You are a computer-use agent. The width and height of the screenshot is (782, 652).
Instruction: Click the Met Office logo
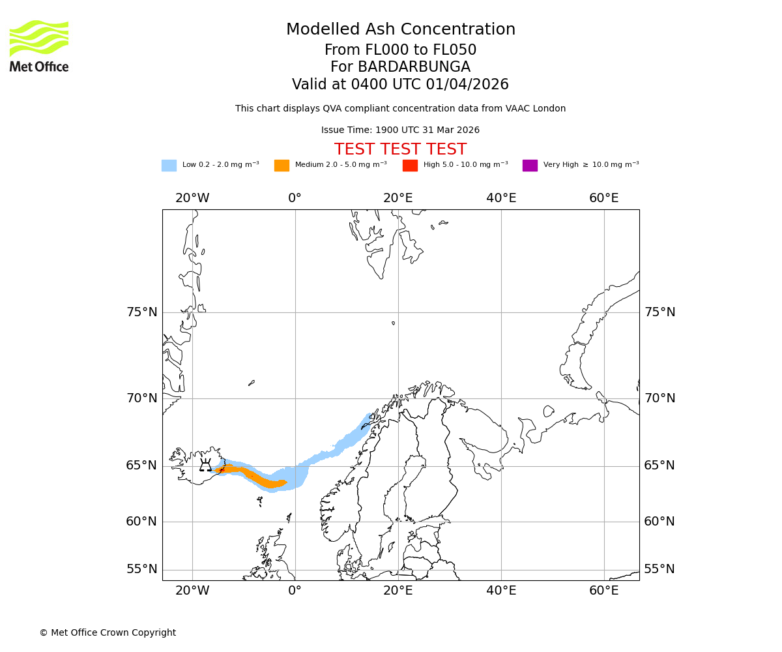click(x=39, y=46)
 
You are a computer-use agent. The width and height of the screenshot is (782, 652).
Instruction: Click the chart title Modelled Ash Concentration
click(x=400, y=29)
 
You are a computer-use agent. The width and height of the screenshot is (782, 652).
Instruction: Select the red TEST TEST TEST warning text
click(x=400, y=149)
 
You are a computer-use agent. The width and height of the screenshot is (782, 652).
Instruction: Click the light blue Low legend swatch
click(x=169, y=166)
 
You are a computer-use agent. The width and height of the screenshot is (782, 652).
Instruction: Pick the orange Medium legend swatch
click(x=282, y=166)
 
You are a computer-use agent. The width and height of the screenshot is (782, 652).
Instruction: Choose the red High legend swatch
click(x=410, y=166)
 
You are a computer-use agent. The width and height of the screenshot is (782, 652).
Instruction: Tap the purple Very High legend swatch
click(x=530, y=166)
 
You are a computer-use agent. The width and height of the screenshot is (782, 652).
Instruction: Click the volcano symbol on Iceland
click(x=205, y=466)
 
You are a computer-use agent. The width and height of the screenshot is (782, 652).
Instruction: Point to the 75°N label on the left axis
click(x=142, y=312)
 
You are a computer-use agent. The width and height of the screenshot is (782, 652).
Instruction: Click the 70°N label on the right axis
click(x=659, y=398)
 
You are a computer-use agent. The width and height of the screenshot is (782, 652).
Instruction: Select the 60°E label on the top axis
click(x=603, y=198)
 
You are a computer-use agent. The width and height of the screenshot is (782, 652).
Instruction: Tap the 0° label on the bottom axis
click(x=295, y=591)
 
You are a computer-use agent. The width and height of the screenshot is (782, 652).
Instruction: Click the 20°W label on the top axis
click(x=192, y=198)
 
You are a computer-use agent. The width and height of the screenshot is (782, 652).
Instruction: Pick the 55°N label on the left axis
click(x=142, y=569)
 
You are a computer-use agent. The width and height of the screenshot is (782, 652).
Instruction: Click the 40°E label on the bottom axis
click(x=501, y=591)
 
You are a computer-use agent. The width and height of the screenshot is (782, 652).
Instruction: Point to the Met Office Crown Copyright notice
click(x=108, y=632)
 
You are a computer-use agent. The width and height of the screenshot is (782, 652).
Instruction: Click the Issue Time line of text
click(x=400, y=130)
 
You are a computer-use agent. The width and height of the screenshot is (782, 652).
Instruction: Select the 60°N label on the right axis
click(x=659, y=522)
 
